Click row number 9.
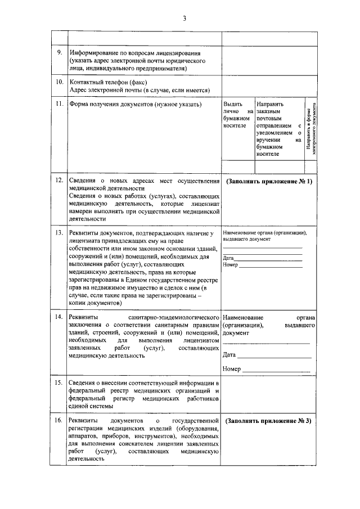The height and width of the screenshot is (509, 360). [59, 52]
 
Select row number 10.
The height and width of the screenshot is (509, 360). [59, 82]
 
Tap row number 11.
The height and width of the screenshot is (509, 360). [59, 104]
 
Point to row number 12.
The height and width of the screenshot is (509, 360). [59, 181]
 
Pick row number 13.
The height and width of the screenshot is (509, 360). [59, 232]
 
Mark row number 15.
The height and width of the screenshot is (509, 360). [59, 383]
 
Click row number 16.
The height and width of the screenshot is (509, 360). [59, 420]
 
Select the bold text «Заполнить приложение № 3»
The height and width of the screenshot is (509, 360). [269, 421]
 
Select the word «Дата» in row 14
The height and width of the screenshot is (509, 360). [229, 355]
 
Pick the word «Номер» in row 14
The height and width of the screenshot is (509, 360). [232, 369]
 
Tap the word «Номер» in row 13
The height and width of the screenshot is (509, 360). [231, 264]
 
